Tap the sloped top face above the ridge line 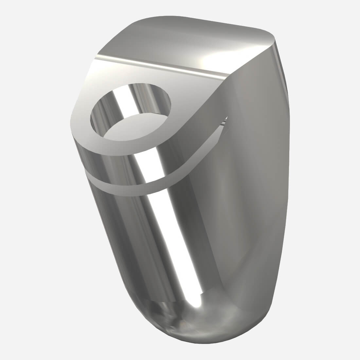(x=183, y=43)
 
